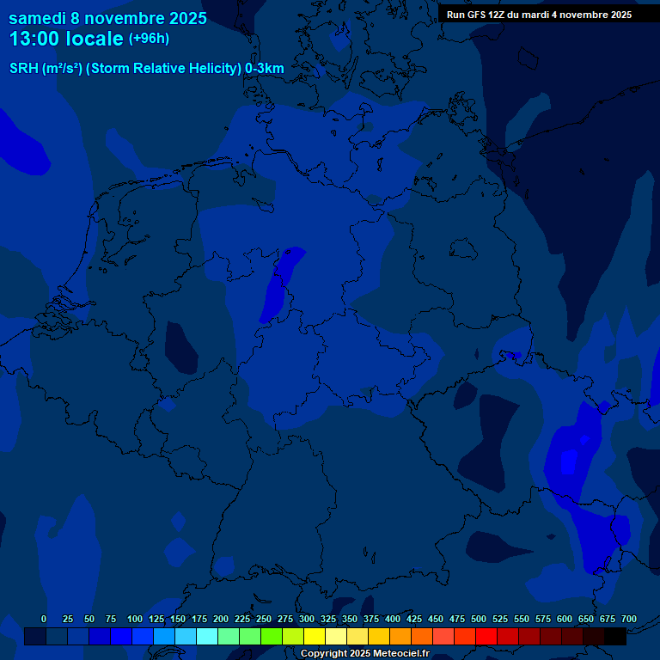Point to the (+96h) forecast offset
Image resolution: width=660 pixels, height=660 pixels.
click(149, 39)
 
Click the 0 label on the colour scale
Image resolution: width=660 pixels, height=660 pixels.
click(44, 619)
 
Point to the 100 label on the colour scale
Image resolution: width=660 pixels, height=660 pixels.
click(135, 619)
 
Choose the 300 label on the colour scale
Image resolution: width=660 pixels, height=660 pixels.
click(307, 619)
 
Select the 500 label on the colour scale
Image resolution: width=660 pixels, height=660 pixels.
click(479, 619)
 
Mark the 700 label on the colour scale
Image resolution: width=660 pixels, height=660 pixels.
click(629, 619)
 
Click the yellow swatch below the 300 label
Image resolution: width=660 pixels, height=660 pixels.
click(315, 636)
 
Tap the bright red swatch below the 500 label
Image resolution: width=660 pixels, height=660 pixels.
click(486, 636)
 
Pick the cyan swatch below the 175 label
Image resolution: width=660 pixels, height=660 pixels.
click(207, 636)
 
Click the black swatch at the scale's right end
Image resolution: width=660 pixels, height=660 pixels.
click(615, 636)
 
